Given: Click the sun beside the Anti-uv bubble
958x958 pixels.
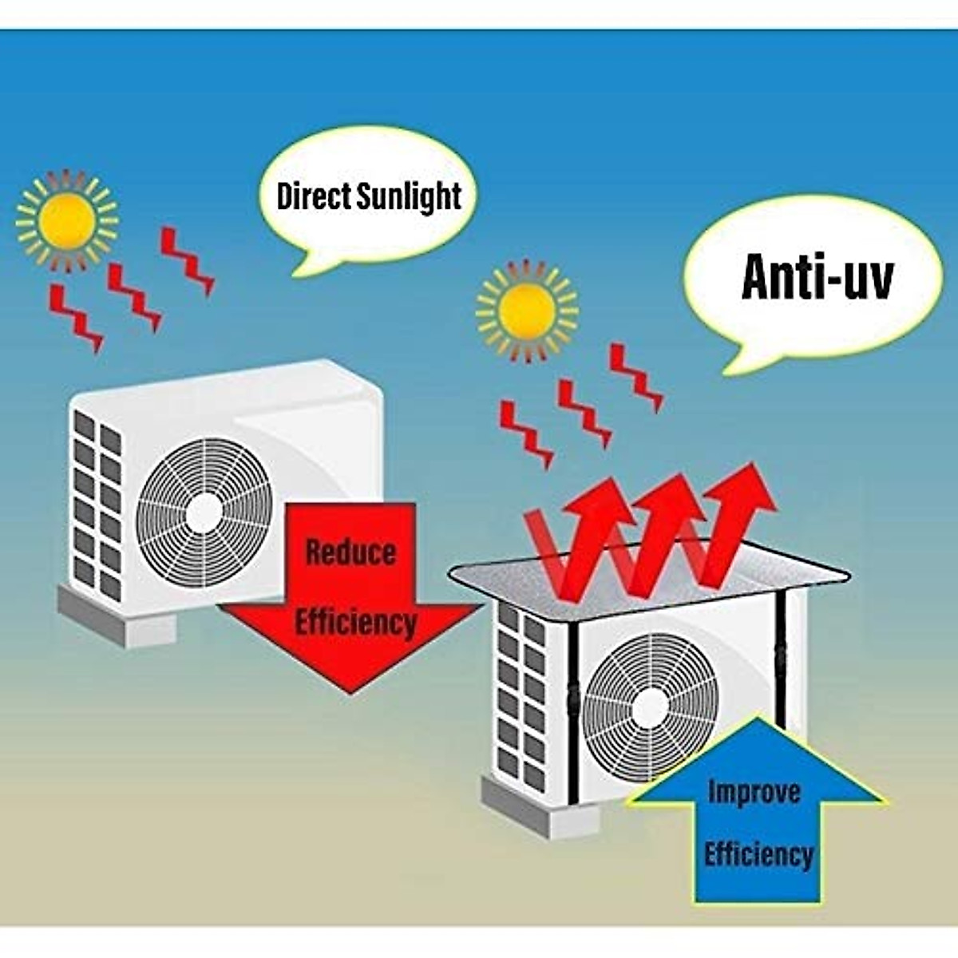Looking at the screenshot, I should [526, 312].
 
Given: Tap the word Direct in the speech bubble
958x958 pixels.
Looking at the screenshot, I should [315, 196].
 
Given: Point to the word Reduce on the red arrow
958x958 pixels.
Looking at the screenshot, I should [350, 552].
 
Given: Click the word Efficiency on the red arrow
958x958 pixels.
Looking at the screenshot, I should [356, 621].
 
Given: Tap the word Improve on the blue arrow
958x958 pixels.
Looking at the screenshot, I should [754, 793].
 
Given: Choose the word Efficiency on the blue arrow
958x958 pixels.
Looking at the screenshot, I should [758, 854].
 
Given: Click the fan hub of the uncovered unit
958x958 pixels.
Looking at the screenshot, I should [205, 509].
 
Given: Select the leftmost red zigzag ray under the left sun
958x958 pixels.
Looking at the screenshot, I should [75, 316].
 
